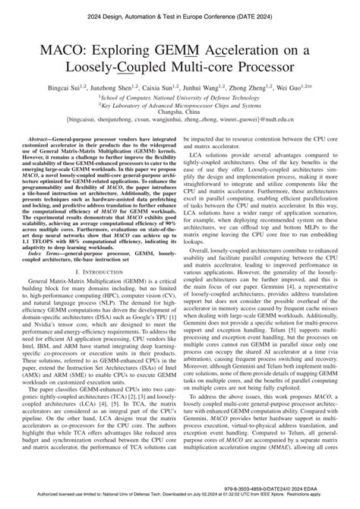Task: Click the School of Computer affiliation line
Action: coord(180,98)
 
